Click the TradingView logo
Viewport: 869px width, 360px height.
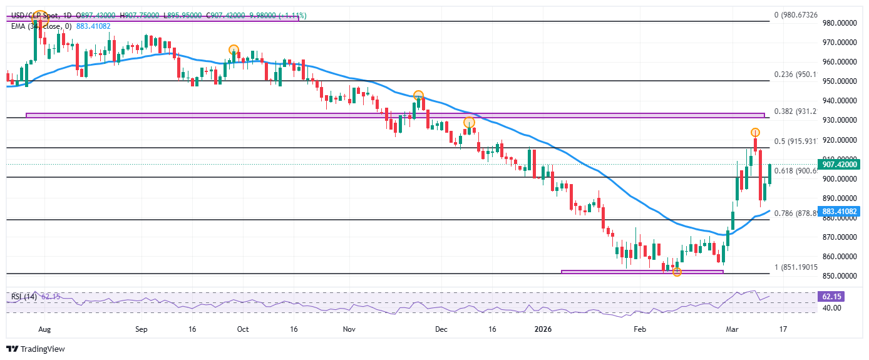coord(36,349)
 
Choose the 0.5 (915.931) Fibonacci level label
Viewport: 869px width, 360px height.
coord(795,141)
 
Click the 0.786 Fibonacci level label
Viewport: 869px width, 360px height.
coord(795,213)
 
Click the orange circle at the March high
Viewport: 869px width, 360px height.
coord(756,133)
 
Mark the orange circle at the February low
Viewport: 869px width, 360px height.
coord(677,272)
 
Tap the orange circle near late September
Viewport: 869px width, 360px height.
coord(234,49)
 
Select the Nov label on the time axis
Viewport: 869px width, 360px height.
coord(349,328)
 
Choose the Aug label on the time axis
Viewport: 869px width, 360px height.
coord(43,328)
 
